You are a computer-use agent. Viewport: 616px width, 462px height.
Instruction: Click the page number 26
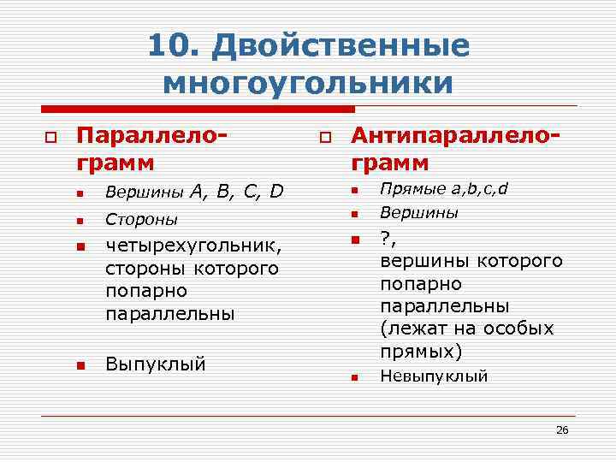click(x=561, y=429)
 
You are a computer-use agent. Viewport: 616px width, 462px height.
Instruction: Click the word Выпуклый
click(x=155, y=364)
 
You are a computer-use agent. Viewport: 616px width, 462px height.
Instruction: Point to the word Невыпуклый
click(x=434, y=376)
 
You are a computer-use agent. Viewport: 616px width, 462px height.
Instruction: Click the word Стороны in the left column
click(x=141, y=220)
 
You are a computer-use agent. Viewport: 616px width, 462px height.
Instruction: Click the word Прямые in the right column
click(x=406, y=188)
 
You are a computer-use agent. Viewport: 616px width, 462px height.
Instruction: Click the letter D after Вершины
click(x=277, y=191)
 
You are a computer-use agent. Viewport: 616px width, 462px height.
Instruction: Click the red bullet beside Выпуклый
click(x=80, y=365)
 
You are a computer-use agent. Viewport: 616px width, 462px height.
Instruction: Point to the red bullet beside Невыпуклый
click(x=354, y=376)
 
